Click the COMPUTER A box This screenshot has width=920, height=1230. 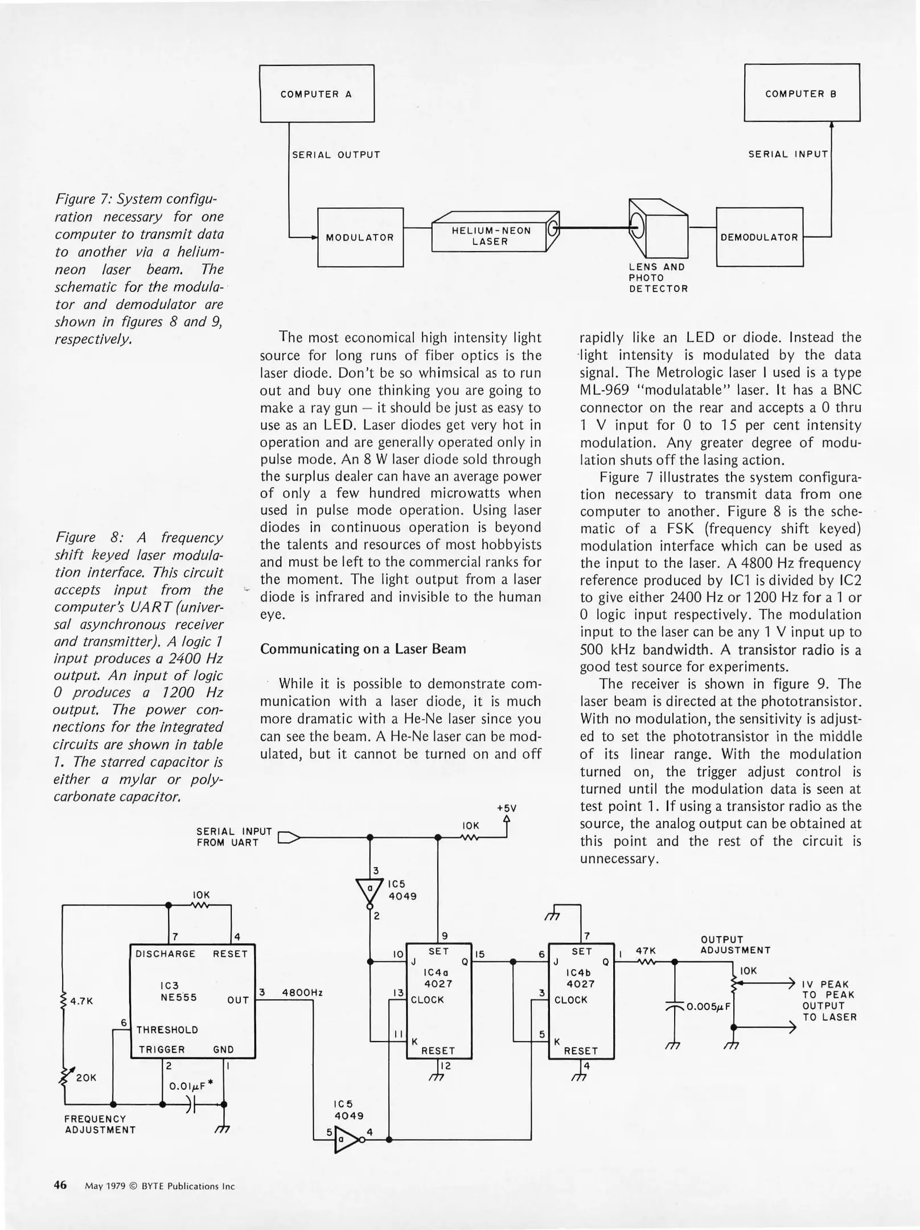coord(317,94)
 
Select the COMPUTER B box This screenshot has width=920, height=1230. coord(802,93)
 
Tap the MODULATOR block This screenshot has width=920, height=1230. coord(360,237)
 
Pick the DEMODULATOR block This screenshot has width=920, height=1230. coord(759,237)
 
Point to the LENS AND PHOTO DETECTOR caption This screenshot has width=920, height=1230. coord(658,278)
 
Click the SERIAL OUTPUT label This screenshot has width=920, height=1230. coord(336,155)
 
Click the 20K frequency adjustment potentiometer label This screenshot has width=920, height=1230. coord(86,1077)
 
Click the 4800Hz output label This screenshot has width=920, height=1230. coord(302,992)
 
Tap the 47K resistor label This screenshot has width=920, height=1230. coord(646,950)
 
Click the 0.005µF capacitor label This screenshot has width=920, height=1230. coord(708,1006)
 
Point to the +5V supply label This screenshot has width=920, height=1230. coord(506,808)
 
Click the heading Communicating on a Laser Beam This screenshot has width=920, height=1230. coord(363,649)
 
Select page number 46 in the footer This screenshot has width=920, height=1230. coord(60,1185)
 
